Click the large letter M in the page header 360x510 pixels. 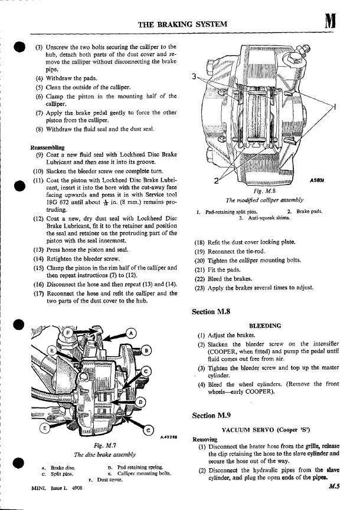tap(330, 23)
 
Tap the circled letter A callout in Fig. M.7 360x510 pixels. tap(130, 333)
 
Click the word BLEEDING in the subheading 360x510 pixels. tap(265, 325)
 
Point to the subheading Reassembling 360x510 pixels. tap(48, 147)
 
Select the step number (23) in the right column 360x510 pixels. tap(199, 288)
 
